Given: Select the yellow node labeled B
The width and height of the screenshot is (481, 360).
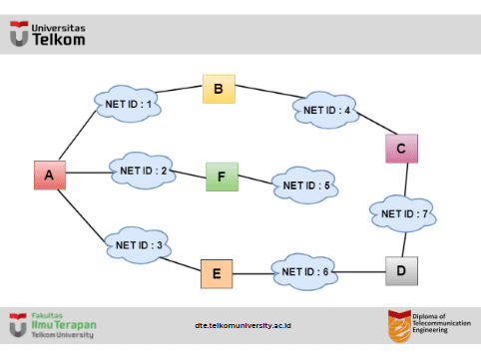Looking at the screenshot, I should point(218,89).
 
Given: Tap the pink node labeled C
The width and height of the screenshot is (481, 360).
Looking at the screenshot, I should point(400,149).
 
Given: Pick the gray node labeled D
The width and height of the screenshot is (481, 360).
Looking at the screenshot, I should point(402,270).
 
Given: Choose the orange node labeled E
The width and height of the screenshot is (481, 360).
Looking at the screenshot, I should point(216,272).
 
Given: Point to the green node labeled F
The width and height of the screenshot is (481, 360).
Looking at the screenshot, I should point(222,178).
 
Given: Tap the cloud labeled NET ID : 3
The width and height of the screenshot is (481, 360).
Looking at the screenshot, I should point(138,242).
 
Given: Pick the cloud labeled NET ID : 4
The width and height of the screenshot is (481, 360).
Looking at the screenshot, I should point(326,109).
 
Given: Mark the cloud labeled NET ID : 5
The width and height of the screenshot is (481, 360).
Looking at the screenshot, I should point(306,184).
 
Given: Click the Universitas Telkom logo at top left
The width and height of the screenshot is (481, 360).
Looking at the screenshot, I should point(47,36).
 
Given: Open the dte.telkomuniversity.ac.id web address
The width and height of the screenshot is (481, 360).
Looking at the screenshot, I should point(242,325).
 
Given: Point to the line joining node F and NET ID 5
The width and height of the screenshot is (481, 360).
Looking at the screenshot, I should point(254,180).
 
